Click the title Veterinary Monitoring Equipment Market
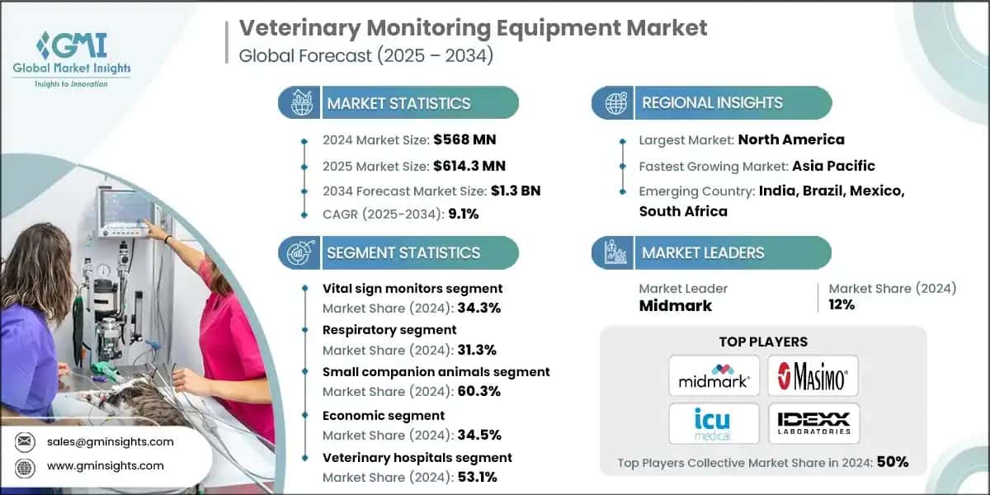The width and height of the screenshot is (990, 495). point(473,27)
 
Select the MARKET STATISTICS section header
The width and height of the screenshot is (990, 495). point(398,103)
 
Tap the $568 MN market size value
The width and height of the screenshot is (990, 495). point(465,139)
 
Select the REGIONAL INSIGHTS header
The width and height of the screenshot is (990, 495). point(712,103)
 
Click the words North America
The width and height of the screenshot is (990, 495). point(790,139)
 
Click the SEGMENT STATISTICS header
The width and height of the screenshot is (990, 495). point(403,252)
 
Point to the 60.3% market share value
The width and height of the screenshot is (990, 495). point(481,391)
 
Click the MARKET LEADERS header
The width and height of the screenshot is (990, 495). point(703,252)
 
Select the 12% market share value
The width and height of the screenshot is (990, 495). point(842,304)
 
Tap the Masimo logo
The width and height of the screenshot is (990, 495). point(813,376)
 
